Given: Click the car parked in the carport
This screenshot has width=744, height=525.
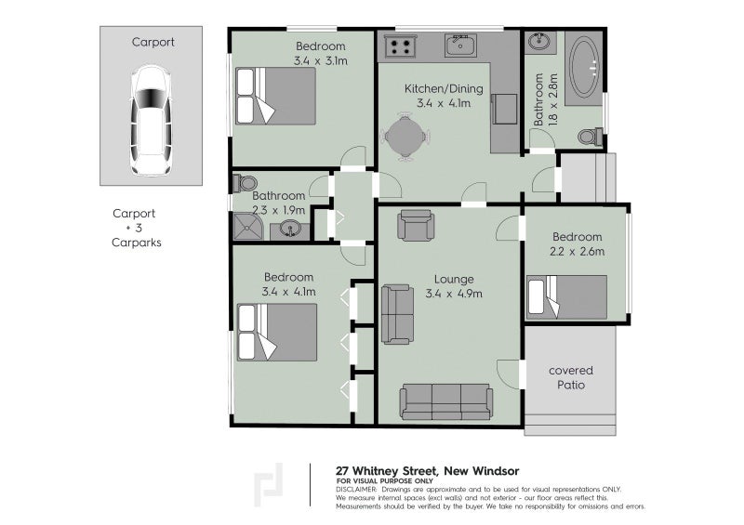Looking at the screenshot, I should click(150, 121).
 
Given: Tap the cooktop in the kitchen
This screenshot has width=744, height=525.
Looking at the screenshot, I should click(401, 46).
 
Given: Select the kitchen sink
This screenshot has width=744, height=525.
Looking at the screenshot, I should click(459, 45).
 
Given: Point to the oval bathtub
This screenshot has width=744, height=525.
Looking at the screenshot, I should click(584, 67).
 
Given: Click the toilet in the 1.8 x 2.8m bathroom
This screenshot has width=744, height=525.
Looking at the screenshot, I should click(589, 138).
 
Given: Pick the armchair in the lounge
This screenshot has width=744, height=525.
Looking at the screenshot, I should click(415, 226).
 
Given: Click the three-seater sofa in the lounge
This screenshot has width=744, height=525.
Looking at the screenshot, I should click(445, 401).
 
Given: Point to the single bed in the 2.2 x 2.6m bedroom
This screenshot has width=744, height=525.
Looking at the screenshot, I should click(566, 296).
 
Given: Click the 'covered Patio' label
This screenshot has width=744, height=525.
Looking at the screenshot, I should click(570, 377).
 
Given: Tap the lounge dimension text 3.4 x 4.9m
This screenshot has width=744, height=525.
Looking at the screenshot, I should click(453, 295).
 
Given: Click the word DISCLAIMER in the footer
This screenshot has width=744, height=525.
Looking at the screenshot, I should click(356, 489).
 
